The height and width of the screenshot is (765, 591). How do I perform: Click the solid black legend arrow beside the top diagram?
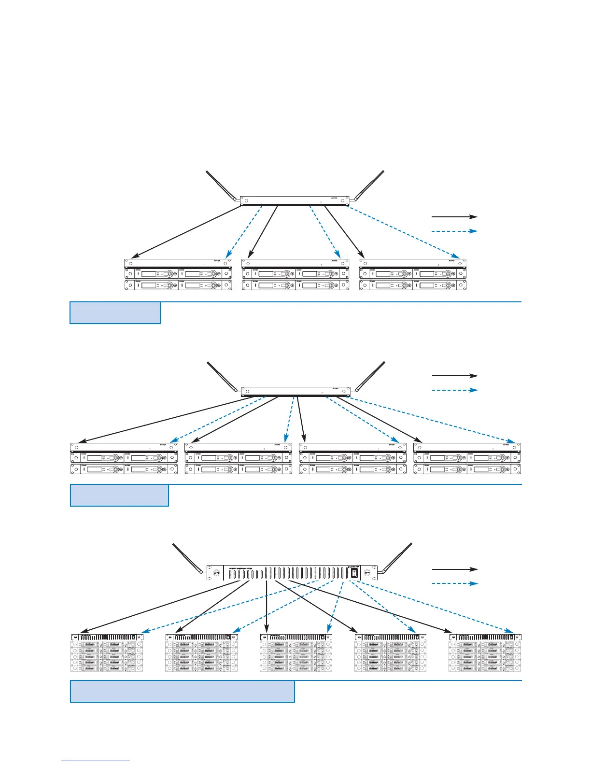click(x=454, y=217)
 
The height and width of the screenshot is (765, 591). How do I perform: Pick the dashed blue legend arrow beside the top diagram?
click(x=454, y=231)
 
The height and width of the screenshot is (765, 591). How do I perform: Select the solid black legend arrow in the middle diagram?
click(x=454, y=375)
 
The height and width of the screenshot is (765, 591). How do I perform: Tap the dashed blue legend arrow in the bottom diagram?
click(x=454, y=583)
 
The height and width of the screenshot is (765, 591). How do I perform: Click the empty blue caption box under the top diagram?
click(x=115, y=312)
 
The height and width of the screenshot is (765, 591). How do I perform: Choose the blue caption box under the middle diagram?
click(x=119, y=495)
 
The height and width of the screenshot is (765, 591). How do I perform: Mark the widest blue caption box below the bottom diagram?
click(x=182, y=691)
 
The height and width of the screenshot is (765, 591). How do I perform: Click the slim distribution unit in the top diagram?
click(x=294, y=200)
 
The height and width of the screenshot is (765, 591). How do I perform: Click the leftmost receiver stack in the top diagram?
click(x=178, y=275)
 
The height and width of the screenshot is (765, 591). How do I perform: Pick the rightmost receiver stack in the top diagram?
click(x=413, y=275)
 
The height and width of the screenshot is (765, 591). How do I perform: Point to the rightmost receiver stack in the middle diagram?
click(x=467, y=458)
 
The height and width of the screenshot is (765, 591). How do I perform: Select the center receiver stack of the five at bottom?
click(x=295, y=652)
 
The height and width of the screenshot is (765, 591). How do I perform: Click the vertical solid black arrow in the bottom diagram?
click(x=267, y=606)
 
